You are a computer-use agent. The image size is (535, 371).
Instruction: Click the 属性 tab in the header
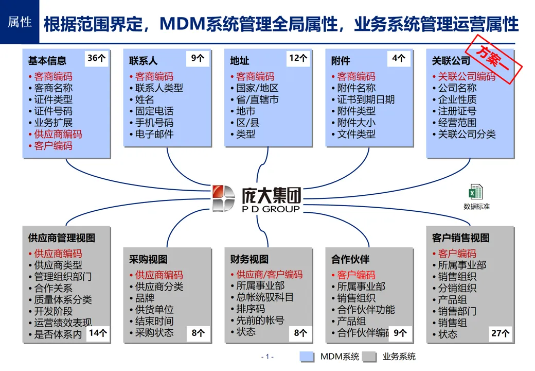(x=20, y=22)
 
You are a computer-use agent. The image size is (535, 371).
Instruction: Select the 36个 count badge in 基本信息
(x=96, y=58)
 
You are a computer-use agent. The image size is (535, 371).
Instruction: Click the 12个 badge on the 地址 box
(x=298, y=58)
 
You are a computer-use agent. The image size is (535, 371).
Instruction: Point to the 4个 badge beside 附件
(x=398, y=58)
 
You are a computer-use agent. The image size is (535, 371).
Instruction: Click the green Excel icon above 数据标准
(x=475, y=192)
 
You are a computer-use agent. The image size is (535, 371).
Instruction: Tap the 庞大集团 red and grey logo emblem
(x=224, y=198)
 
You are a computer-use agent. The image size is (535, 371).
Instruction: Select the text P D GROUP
(x=271, y=209)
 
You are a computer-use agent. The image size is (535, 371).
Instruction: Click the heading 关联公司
(x=451, y=61)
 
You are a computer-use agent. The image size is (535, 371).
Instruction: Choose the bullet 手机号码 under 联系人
(x=154, y=123)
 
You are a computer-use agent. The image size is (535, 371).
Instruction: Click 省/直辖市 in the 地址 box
(x=257, y=99)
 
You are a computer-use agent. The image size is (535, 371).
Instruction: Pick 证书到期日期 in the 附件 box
(x=366, y=99)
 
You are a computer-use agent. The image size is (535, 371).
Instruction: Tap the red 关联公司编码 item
(x=467, y=76)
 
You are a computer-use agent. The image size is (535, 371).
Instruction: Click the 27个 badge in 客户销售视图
(x=500, y=333)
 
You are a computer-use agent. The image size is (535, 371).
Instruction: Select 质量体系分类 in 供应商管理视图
(x=63, y=300)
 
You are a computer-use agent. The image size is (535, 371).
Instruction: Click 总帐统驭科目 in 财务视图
(x=265, y=297)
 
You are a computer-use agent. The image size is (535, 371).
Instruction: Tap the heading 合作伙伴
(x=350, y=259)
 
